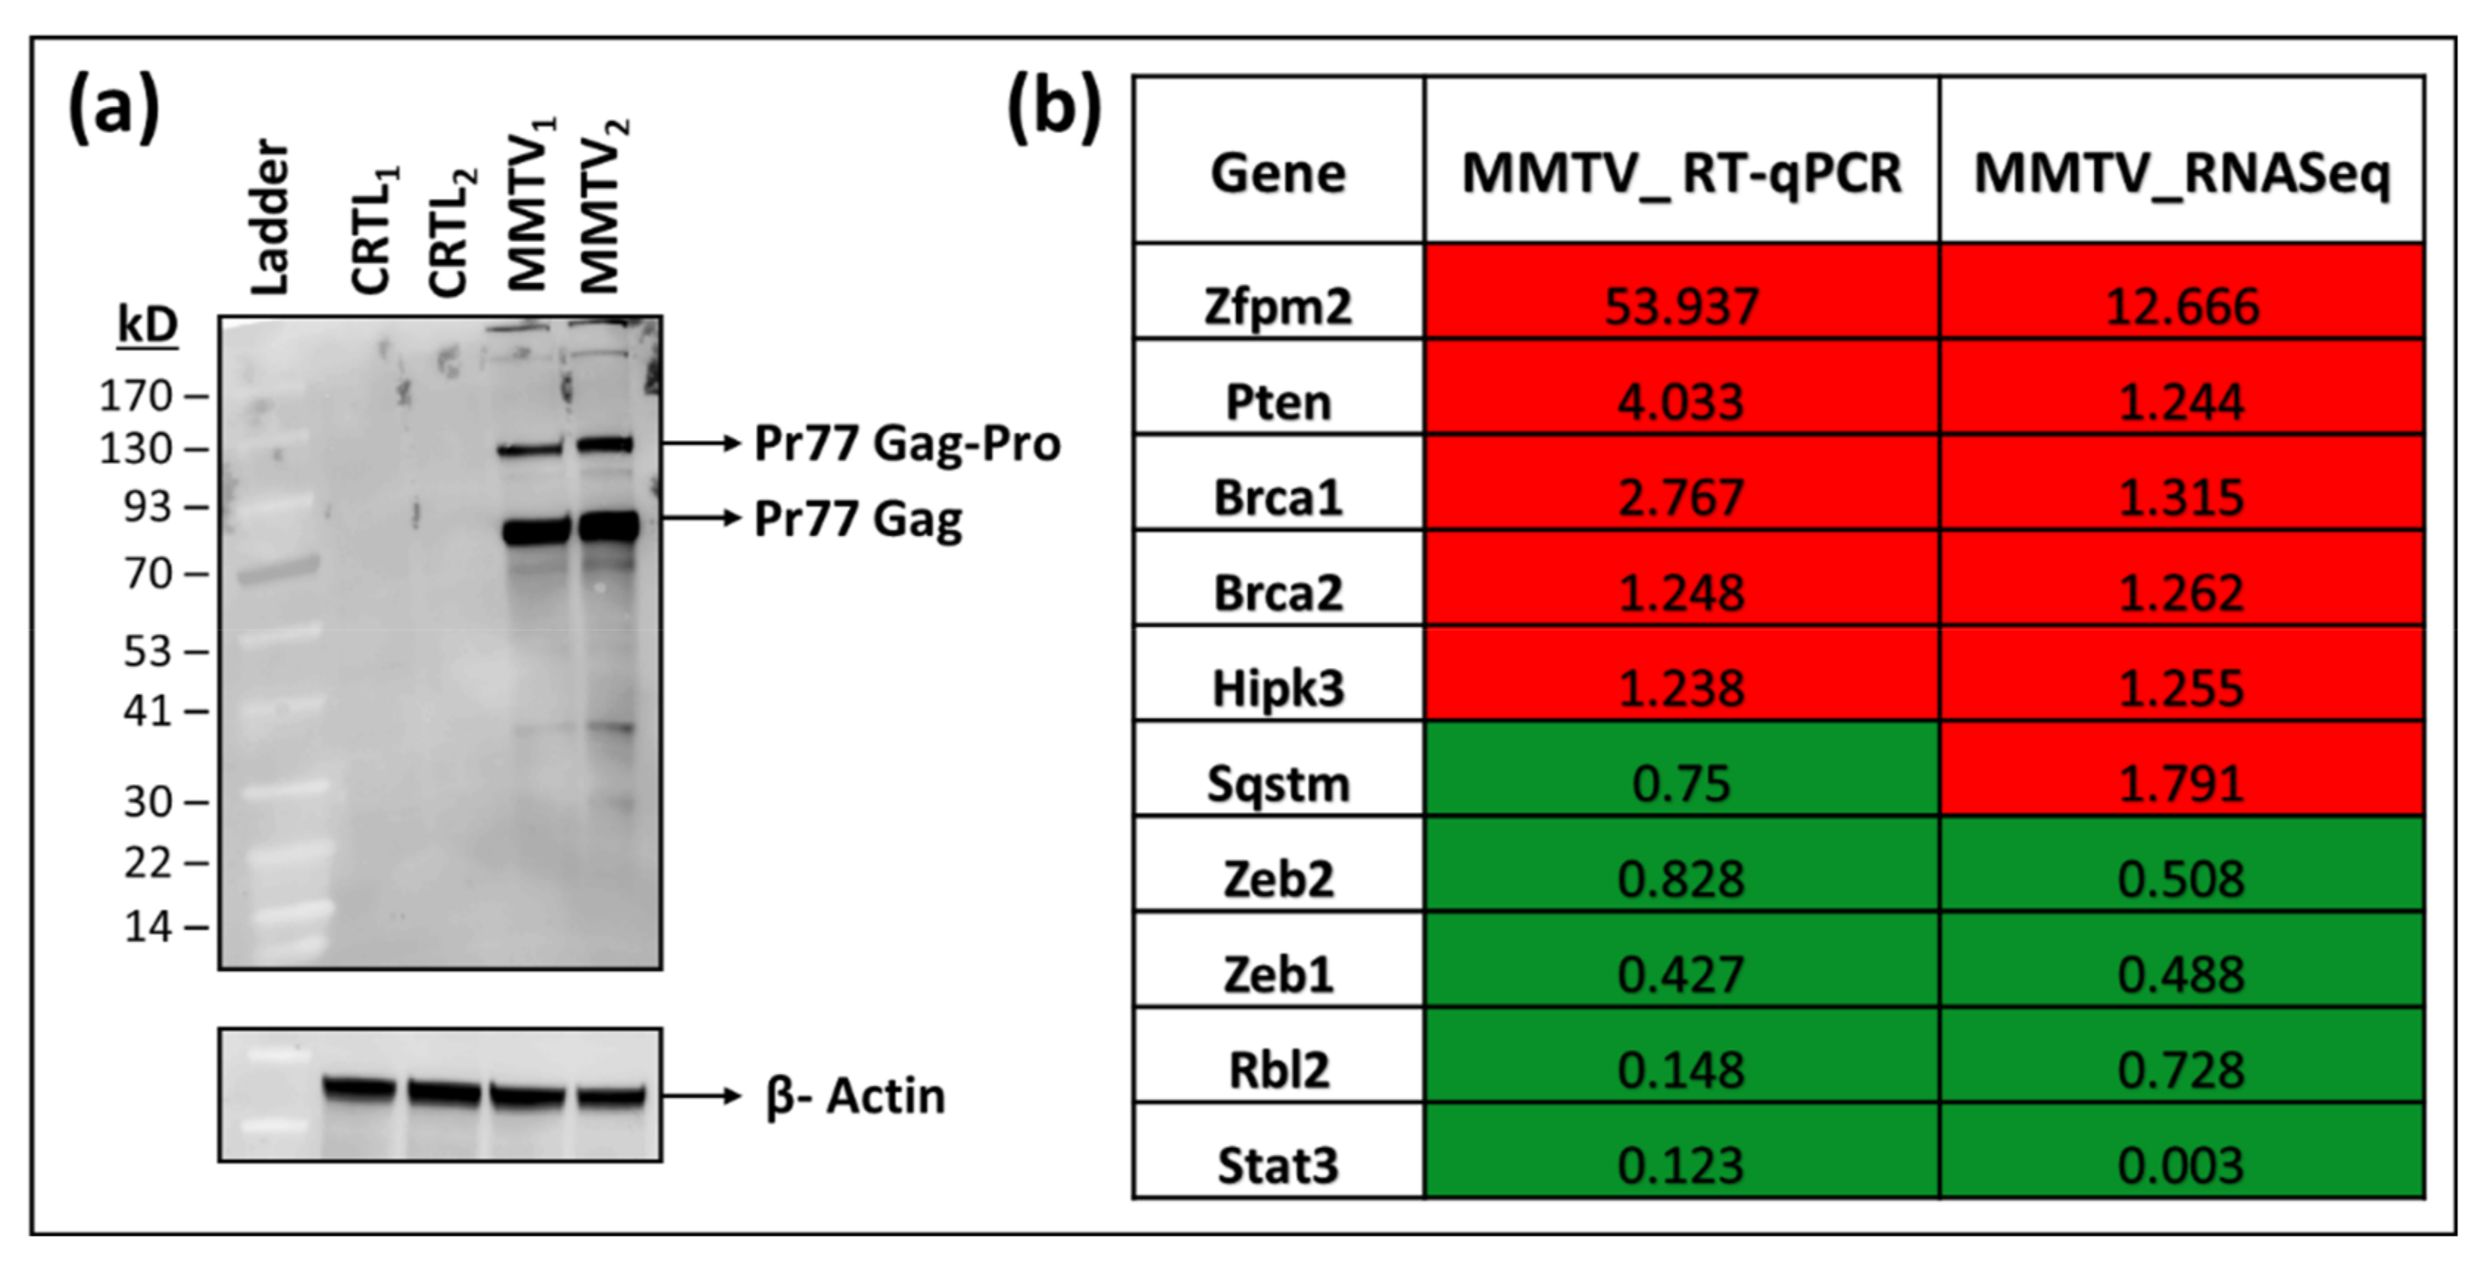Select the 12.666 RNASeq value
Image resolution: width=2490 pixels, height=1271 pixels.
2182,305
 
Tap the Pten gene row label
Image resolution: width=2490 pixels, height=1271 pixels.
1278,401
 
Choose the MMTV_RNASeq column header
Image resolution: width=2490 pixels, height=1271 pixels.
2182,174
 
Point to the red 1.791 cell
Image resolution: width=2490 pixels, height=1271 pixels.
2182,782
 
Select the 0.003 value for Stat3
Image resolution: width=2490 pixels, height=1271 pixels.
2182,1164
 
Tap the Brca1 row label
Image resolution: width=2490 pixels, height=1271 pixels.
1278,496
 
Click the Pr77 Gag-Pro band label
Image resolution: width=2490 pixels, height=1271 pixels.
907,444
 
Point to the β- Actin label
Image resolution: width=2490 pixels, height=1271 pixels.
856,1096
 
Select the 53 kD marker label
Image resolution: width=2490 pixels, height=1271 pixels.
148,652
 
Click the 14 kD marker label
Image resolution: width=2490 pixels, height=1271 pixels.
148,927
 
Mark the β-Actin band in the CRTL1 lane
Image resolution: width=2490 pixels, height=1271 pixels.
360,1089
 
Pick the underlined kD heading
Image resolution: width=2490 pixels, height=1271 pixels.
148,325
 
